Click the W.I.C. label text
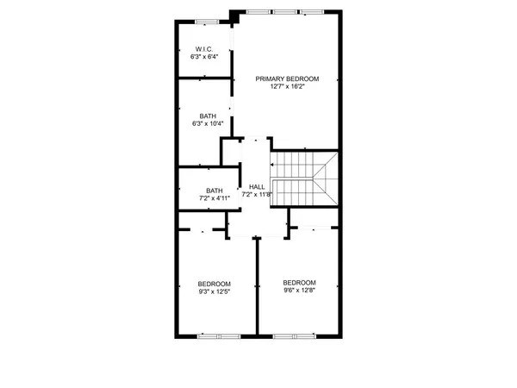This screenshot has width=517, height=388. click(204, 49)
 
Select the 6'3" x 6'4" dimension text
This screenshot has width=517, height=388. click(204, 57)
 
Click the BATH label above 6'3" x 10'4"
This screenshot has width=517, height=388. click(208, 116)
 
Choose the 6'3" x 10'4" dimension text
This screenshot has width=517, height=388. click(208, 123)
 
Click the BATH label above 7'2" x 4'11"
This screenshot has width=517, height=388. click(215, 191)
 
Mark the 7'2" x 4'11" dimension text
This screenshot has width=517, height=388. click(215, 198)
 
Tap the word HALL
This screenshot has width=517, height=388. click(257, 187)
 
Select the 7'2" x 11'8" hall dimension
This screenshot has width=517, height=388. click(257, 195)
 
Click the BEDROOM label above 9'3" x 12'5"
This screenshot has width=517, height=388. click(214, 284)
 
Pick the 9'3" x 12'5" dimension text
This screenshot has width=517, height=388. click(214, 291)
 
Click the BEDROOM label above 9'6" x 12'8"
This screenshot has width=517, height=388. click(299, 282)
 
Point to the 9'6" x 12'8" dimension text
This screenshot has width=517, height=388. click(299, 290)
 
